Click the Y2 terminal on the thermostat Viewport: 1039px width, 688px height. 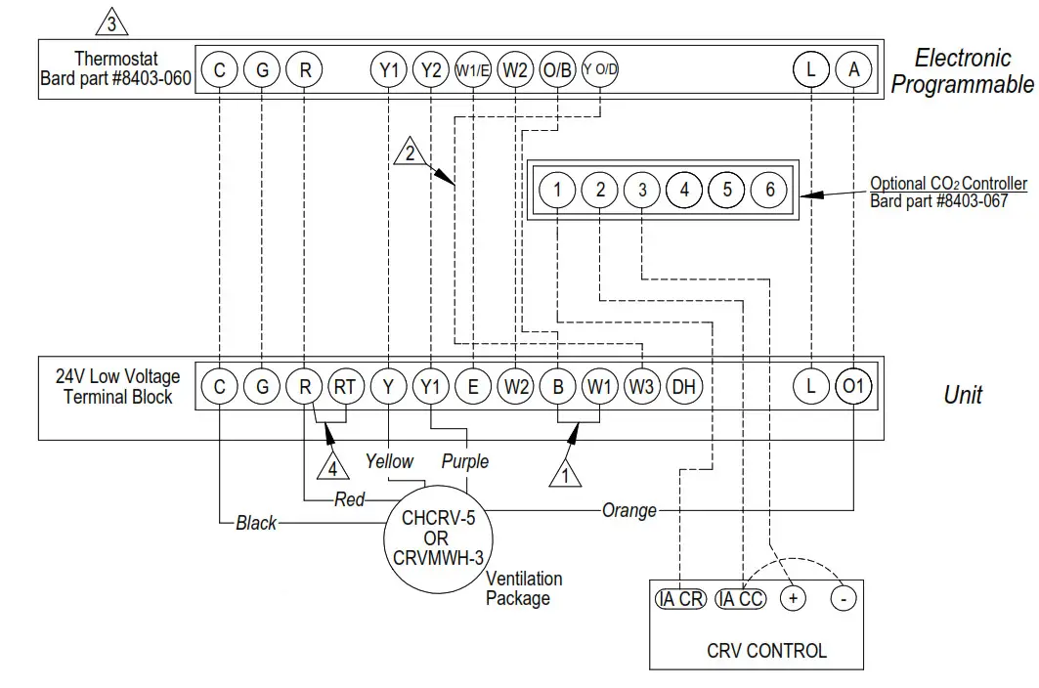(430, 69)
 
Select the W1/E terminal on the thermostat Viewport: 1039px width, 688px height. (472, 69)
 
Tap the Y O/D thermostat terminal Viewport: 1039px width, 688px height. (600, 69)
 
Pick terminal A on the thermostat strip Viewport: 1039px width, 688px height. (854, 69)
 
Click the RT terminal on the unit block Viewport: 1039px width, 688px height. (345, 387)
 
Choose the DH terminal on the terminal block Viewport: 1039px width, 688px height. (684, 387)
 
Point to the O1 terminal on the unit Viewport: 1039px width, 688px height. (853, 387)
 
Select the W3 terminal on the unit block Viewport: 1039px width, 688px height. (641, 387)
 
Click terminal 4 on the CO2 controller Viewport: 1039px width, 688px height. (684, 190)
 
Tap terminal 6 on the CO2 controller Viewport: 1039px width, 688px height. (769, 190)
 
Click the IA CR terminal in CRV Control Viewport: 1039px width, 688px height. (680, 599)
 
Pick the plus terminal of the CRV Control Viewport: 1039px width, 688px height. (792, 599)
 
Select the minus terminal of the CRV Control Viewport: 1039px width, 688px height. (843, 599)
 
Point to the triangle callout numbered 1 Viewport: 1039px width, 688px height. (564, 475)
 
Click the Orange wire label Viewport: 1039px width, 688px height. (628, 510)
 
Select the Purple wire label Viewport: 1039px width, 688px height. (464, 460)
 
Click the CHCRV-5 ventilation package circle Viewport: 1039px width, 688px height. (439, 538)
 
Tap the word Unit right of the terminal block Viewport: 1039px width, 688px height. (962, 395)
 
